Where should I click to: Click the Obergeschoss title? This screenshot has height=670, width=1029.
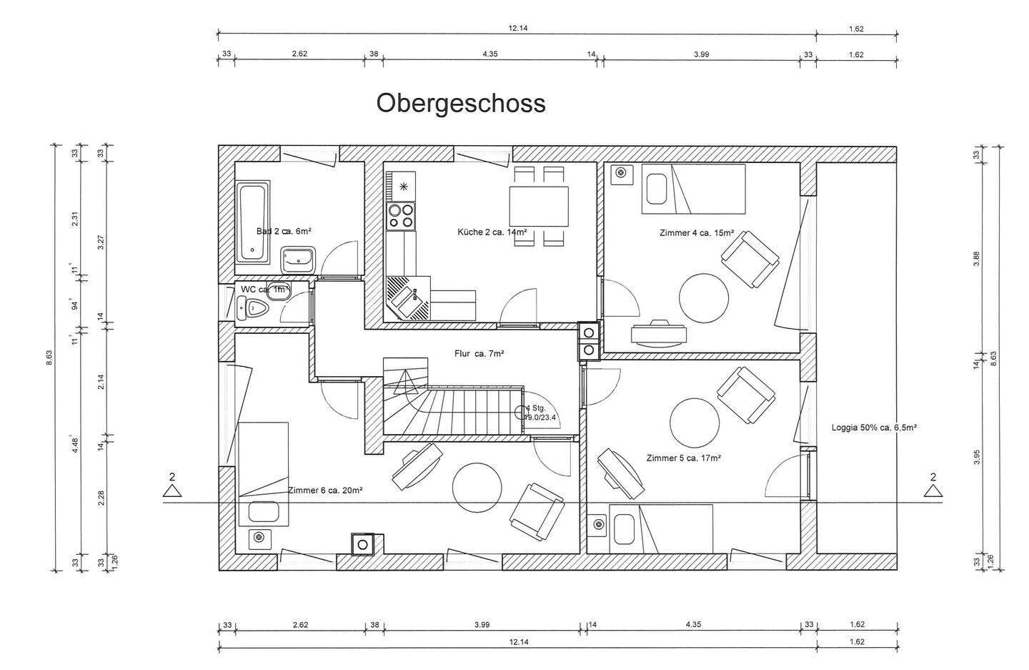click(461, 103)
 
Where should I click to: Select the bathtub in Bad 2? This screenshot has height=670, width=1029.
click(252, 222)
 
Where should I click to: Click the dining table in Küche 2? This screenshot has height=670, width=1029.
click(539, 206)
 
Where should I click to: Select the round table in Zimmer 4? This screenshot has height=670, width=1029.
click(703, 297)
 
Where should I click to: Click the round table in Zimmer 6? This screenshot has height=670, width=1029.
click(478, 488)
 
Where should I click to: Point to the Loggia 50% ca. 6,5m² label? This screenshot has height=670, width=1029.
click(874, 428)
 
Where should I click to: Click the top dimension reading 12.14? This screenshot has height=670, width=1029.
click(517, 29)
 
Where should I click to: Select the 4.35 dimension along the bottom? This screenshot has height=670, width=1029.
click(693, 624)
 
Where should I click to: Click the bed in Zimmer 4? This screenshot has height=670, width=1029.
click(693, 189)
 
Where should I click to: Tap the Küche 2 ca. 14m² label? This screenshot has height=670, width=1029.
click(492, 232)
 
